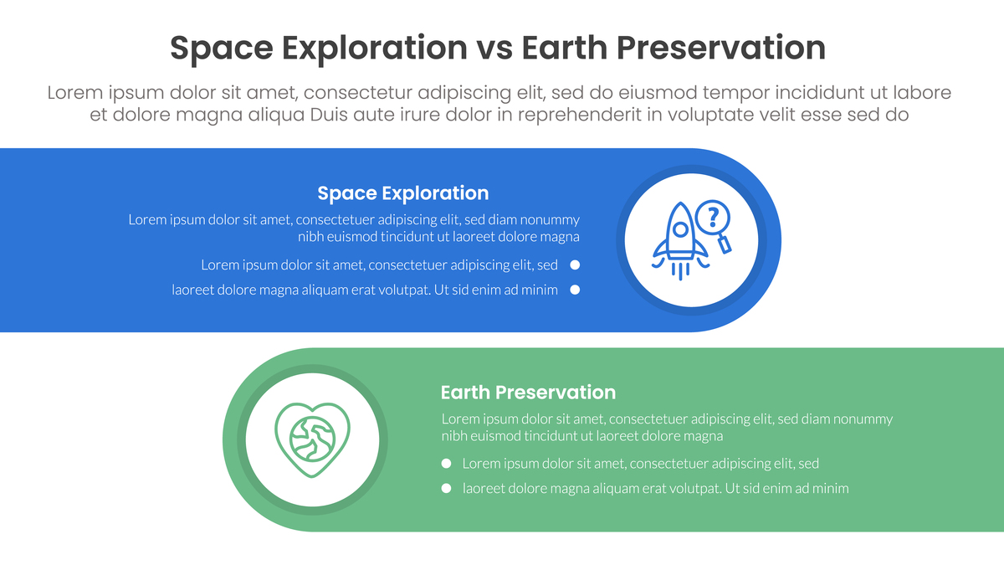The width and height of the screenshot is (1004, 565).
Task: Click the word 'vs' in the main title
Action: click(x=494, y=48)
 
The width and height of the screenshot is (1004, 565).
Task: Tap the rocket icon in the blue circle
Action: click(x=680, y=241)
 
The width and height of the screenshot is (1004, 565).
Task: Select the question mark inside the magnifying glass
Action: click(x=713, y=217)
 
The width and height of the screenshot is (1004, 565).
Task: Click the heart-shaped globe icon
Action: click(x=312, y=440)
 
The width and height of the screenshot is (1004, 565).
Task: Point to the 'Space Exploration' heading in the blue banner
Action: click(x=403, y=193)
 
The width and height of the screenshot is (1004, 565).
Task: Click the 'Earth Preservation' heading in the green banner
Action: click(x=528, y=393)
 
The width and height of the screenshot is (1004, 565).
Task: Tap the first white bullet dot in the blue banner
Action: click(x=575, y=265)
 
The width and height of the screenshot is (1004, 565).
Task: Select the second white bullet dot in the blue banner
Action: click(x=575, y=290)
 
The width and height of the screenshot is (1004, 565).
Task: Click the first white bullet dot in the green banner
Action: click(x=447, y=464)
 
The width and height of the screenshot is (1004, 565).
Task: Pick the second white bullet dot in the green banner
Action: click(x=447, y=488)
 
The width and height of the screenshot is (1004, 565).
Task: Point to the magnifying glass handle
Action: click(x=725, y=244)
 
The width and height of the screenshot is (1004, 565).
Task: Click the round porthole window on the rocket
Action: click(x=680, y=230)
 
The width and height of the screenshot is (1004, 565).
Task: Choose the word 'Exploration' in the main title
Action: click(x=374, y=48)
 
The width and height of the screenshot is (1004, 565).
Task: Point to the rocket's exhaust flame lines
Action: click(x=680, y=271)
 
